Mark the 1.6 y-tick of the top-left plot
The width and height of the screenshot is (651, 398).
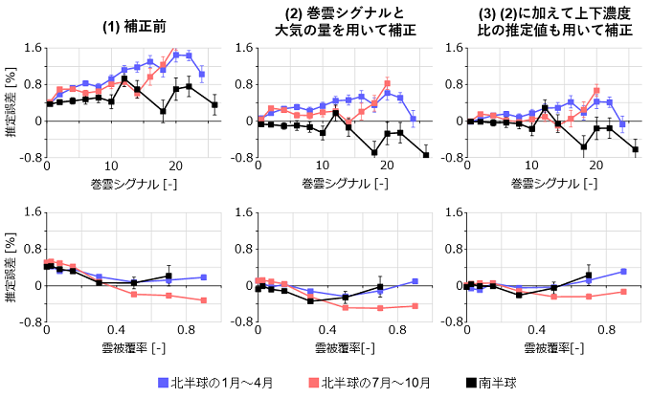pos(31,48)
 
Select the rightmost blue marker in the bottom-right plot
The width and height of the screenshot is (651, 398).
pos(623,272)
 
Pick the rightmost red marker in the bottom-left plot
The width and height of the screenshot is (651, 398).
pos(204,300)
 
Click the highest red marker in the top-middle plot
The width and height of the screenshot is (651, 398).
pos(387,83)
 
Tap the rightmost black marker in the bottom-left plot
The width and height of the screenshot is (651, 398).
pos(168,276)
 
